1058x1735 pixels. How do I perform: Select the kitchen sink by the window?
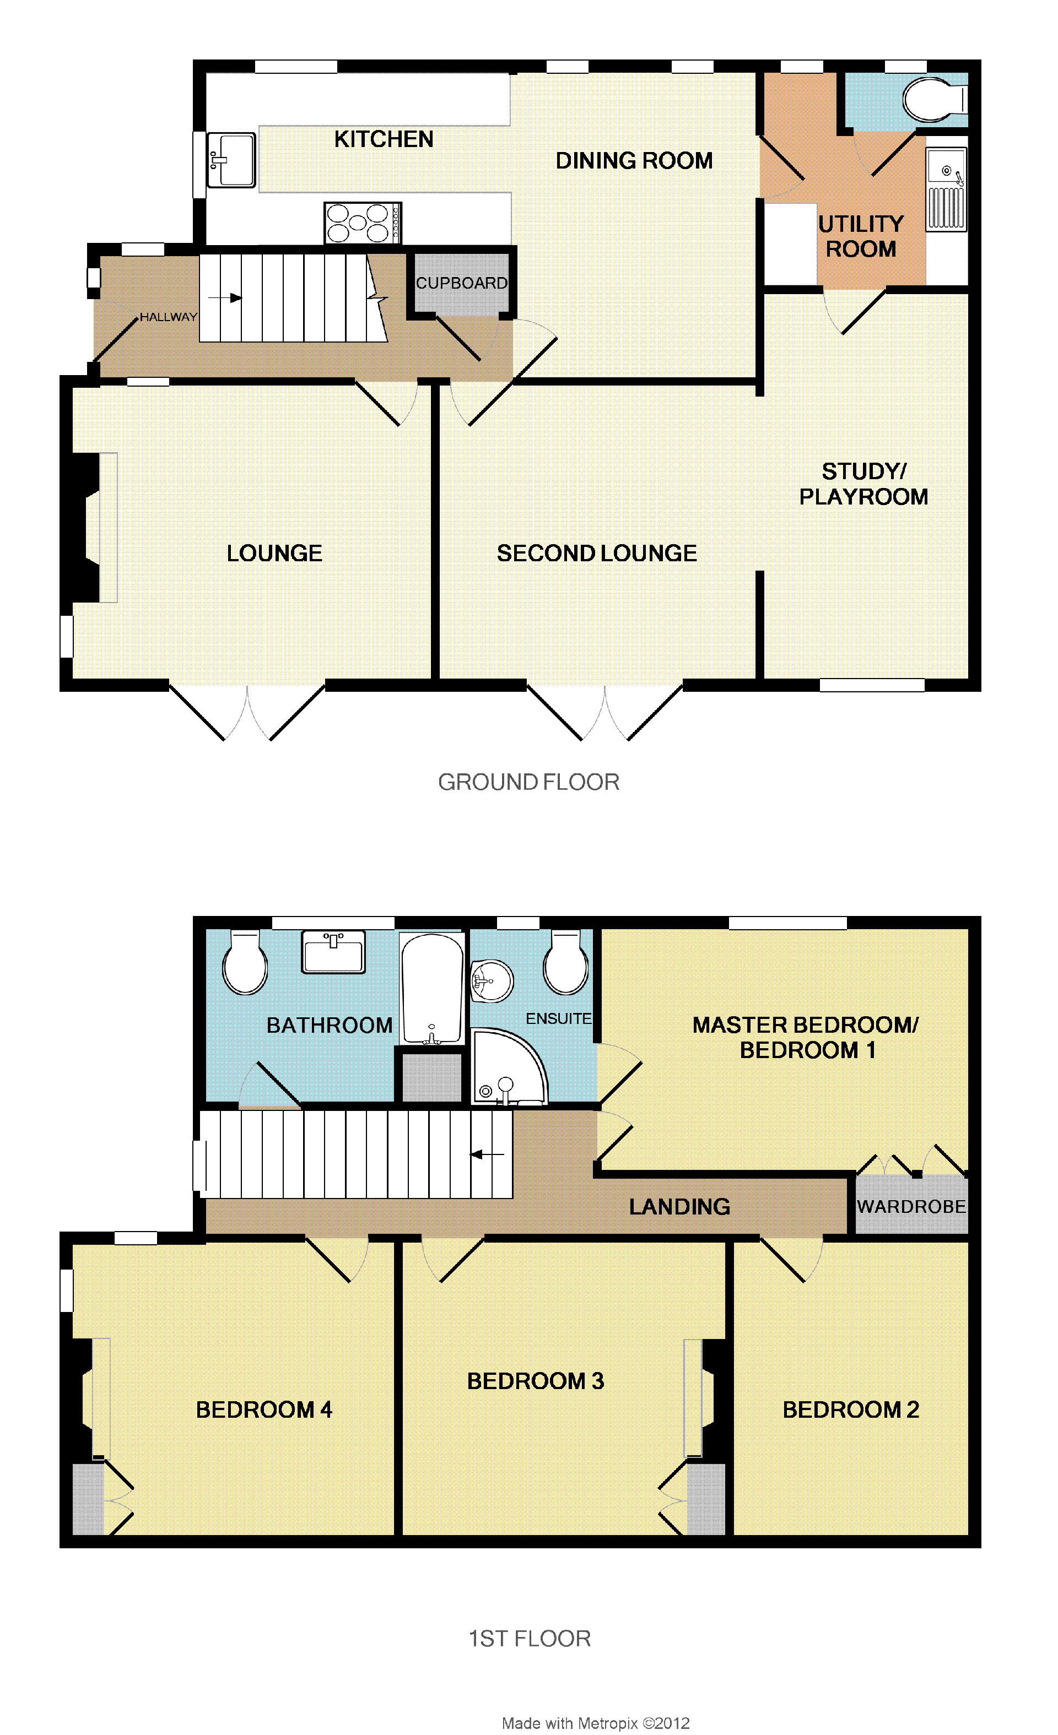coord(231,160)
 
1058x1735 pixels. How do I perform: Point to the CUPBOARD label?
coord(461,283)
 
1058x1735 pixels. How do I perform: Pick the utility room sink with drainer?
coord(946,189)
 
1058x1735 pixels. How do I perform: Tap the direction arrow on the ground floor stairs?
coord(225,298)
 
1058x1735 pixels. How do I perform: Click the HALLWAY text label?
coord(169,317)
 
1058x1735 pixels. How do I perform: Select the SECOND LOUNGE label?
coord(597,554)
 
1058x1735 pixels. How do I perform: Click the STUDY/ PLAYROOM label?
coord(863,484)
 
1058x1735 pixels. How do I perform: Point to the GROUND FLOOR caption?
coord(529,782)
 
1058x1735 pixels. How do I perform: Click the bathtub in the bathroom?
coord(433,989)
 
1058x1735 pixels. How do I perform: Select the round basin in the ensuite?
coord(491,981)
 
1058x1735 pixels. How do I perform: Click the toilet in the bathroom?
coord(245,962)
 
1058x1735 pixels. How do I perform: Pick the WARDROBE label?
coord(911,1206)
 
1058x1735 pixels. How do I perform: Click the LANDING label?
coord(680,1207)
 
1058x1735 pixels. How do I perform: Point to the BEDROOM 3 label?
coord(536,1381)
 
